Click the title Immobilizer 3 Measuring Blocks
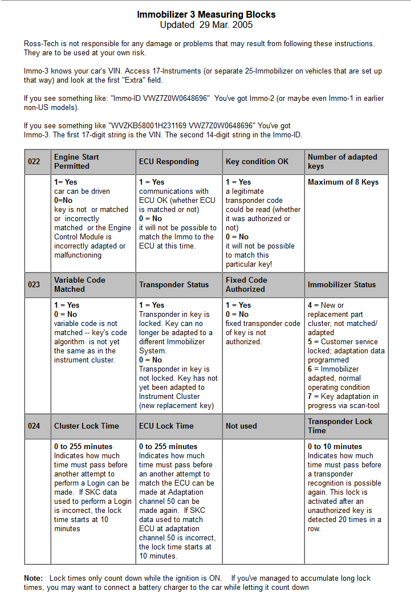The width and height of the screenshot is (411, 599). click(206, 14)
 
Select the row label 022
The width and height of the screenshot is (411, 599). click(34, 162)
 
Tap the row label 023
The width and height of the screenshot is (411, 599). click(34, 285)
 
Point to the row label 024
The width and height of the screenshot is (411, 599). click(34, 426)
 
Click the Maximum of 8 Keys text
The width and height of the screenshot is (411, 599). click(343, 182)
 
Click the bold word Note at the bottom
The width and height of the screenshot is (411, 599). click(33, 578)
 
